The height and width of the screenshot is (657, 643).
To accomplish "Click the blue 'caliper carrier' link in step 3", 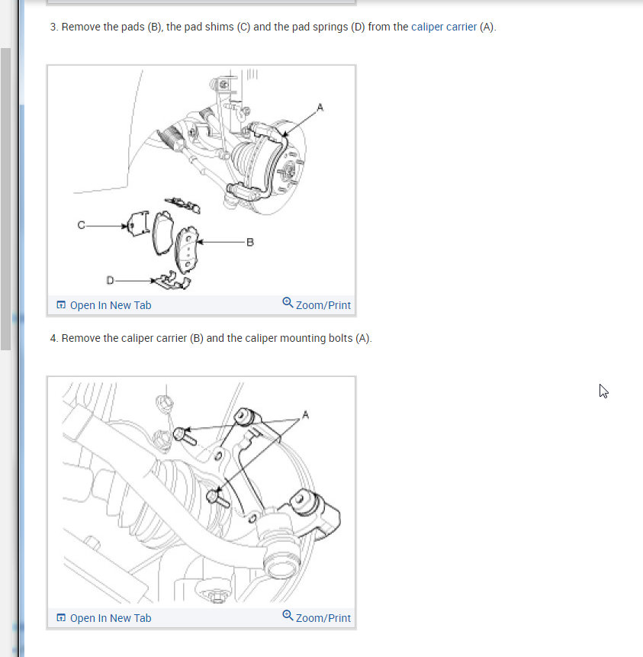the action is (444, 27).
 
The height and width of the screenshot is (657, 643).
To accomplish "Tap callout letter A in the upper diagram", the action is (320, 108).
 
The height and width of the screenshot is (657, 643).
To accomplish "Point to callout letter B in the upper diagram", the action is (250, 242).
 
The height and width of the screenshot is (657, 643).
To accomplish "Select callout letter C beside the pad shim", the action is (82, 225).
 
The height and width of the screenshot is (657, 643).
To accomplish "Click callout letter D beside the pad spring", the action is (110, 280).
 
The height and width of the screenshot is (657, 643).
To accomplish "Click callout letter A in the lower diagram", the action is (305, 415).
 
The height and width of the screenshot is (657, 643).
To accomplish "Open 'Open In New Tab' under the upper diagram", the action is (111, 305).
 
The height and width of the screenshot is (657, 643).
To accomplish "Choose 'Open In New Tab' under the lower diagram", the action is (111, 618).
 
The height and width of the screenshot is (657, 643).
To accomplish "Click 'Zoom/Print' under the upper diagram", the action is (323, 305).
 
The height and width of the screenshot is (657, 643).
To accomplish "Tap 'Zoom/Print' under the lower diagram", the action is (323, 618).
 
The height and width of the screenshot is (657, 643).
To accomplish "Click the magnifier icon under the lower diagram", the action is (288, 616).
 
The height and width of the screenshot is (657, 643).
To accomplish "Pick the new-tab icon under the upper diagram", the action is (61, 304).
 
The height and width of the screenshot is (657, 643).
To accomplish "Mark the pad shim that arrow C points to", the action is (138, 224).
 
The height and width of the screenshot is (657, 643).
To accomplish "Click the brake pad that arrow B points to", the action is (186, 249).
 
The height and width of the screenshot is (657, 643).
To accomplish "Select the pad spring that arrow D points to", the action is (172, 281).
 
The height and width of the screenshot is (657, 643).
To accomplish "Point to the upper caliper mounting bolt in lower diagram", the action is (185, 436).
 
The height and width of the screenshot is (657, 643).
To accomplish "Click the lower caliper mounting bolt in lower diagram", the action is (217, 498).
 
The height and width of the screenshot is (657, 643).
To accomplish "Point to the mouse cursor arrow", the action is (603, 391).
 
